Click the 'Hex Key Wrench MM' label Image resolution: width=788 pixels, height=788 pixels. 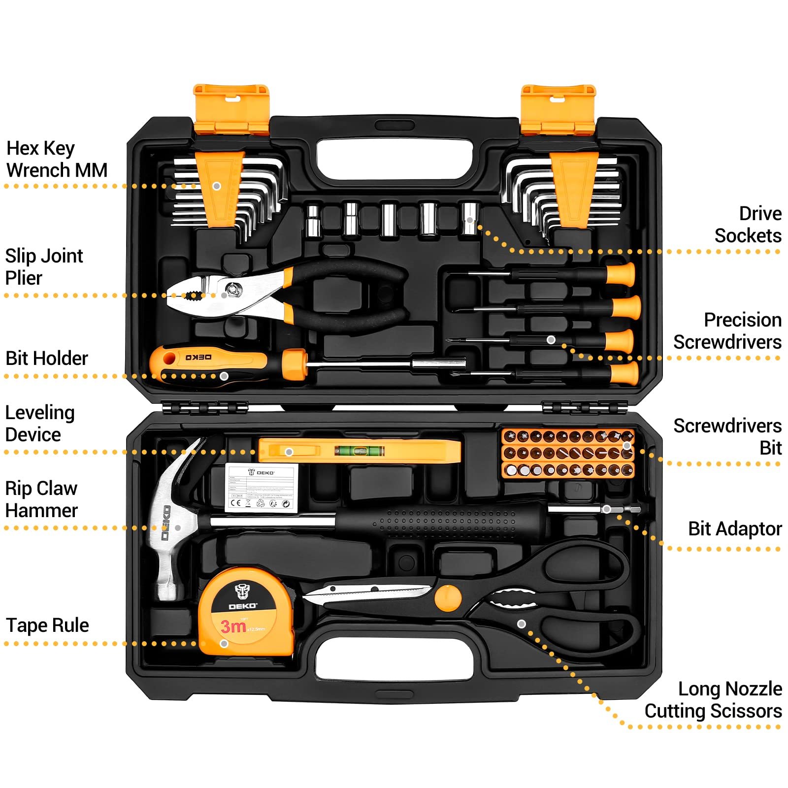[x=56, y=159]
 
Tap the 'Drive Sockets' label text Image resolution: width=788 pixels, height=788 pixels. [x=748, y=225]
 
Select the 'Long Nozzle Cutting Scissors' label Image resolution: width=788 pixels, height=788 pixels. [x=713, y=700]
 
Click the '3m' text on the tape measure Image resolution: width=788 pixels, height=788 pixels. [x=233, y=626]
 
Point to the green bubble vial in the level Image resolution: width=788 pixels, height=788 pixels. [x=359, y=450]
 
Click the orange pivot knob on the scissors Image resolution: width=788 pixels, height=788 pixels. [x=448, y=598]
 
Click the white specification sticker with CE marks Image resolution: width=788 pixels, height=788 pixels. [x=262, y=488]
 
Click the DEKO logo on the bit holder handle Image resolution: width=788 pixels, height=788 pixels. [x=198, y=357]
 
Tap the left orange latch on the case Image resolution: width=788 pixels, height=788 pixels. [x=231, y=109]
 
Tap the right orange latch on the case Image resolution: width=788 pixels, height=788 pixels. [x=558, y=109]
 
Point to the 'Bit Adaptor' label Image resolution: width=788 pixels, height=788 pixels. [x=734, y=528]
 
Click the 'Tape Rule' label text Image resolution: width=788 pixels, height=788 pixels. [x=47, y=625]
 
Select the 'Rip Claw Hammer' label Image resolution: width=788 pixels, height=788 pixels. [x=41, y=499]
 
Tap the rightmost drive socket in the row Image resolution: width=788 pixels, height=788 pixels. [x=469, y=218]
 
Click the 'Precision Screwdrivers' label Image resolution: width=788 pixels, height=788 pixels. [x=727, y=330]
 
